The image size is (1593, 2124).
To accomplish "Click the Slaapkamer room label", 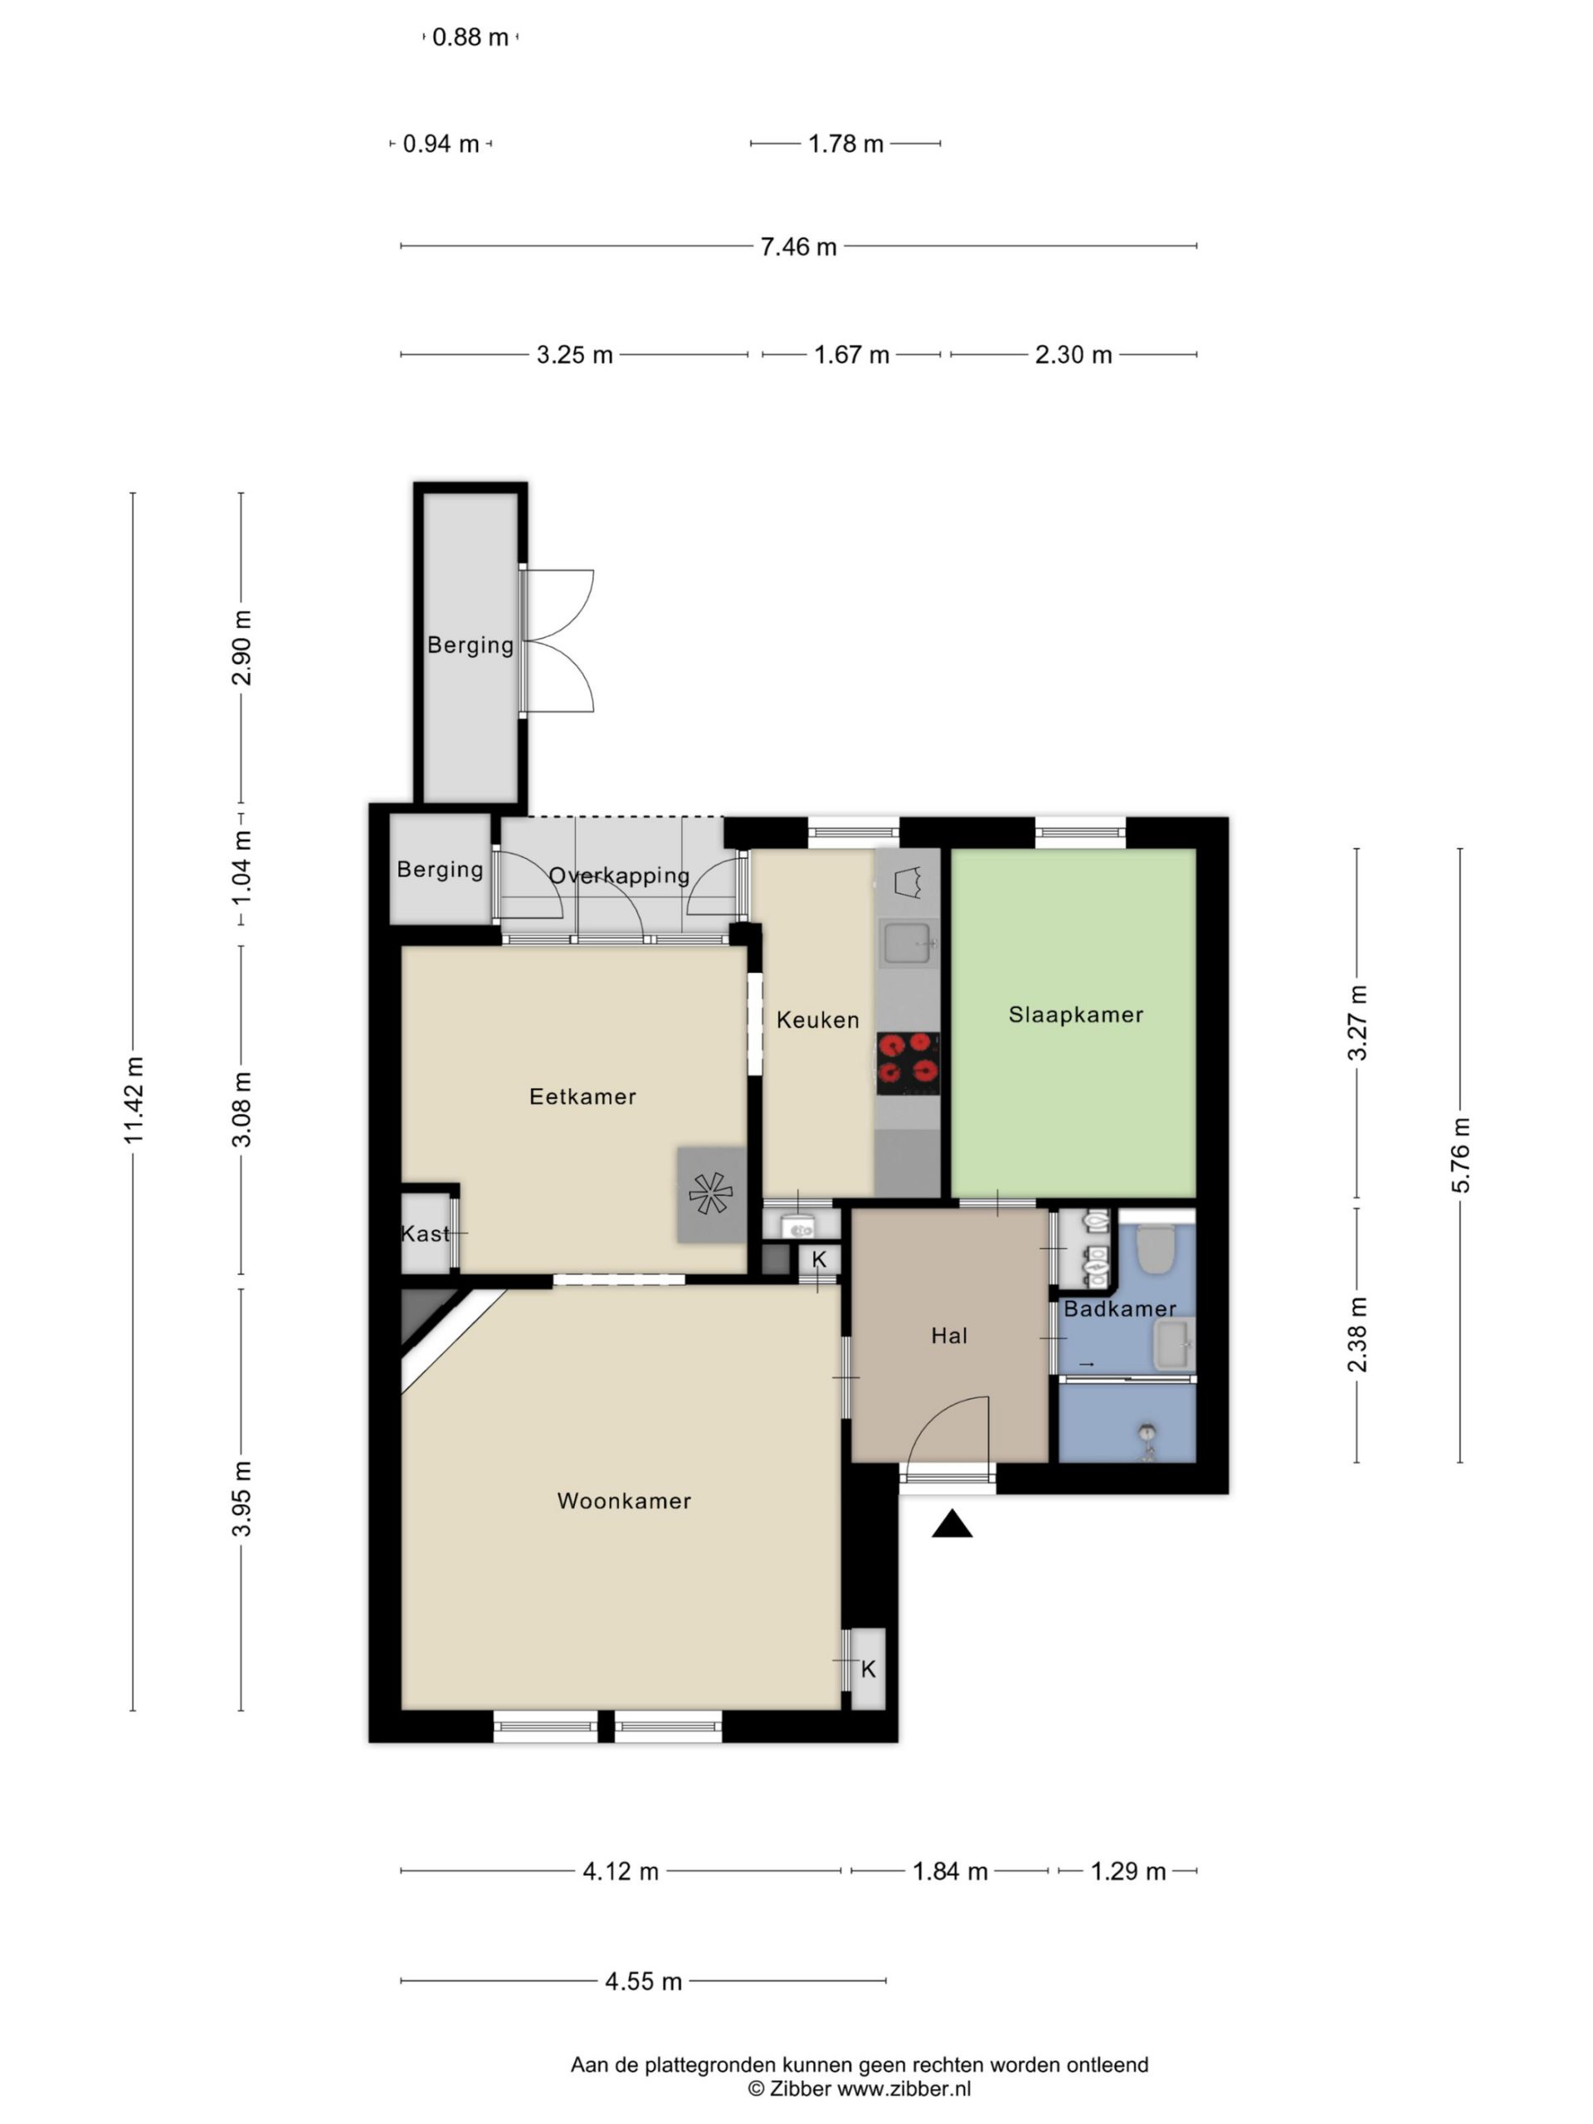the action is (x=1075, y=1015).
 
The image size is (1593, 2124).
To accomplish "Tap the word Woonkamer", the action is (x=624, y=1501).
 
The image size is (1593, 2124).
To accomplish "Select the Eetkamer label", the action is (x=582, y=1097).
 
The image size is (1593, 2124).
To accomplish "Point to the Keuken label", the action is (x=818, y=1020).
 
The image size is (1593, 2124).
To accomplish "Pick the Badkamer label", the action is (x=1119, y=1308).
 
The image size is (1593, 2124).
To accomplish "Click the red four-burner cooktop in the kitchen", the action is (x=908, y=1063).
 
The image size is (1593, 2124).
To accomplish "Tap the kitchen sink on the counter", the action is (x=908, y=943).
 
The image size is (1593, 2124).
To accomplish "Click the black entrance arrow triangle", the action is (x=952, y=1524).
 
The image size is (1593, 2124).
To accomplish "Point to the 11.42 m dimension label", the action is (x=134, y=1100).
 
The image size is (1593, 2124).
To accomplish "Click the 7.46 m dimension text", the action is (x=799, y=246).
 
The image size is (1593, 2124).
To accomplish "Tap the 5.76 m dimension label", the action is (x=1459, y=1155).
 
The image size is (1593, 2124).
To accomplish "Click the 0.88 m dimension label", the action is (x=470, y=37).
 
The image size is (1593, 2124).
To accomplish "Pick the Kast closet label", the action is (x=425, y=1234).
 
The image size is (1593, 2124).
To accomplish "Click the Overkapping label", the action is (x=619, y=875).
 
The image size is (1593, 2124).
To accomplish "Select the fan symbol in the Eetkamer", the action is (x=710, y=1195).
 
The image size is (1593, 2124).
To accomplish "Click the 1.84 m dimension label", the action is (x=950, y=1872).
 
